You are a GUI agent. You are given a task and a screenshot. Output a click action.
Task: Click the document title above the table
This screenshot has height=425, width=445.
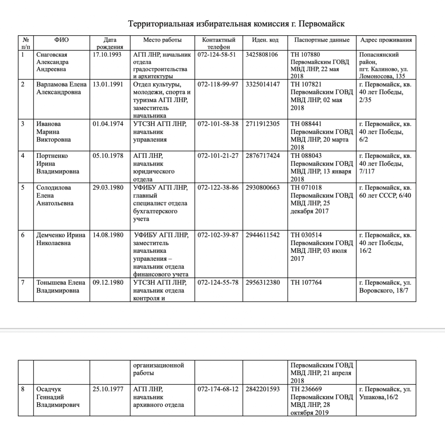click(236, 24)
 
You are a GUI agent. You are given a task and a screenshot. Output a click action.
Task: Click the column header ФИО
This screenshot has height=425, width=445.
click(61, 40)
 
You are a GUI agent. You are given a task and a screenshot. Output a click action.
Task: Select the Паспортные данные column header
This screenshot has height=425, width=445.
click(322, 40)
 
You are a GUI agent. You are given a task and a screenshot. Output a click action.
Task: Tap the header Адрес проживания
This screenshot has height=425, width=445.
click(386, 40)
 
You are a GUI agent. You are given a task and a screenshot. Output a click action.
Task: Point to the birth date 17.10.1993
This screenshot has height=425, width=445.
click(108, 55)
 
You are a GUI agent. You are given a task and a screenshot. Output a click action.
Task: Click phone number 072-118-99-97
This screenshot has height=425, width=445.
click(218, 84)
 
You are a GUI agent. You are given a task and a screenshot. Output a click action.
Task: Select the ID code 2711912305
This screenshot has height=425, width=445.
click(263, 124)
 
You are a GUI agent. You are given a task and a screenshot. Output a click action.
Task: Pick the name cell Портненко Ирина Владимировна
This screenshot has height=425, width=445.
click(57, 164)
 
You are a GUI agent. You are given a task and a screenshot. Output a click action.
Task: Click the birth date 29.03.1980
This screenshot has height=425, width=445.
click(108, 188)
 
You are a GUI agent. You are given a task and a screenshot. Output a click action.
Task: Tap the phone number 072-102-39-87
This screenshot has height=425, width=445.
click(218, 235)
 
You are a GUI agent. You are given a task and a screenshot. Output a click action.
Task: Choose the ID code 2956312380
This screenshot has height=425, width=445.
click(263, 283)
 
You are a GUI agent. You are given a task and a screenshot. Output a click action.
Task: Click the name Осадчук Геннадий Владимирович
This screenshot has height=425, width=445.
click(57, 397)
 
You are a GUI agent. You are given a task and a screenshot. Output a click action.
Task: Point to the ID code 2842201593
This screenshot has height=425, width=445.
click(263, 389)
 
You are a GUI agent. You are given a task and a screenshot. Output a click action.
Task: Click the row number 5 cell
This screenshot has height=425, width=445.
click(23, 188)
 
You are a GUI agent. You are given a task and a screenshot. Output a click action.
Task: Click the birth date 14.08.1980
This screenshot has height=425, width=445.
click(108, 235)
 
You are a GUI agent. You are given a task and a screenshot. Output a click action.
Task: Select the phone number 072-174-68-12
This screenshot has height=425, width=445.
click(218, 389)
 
